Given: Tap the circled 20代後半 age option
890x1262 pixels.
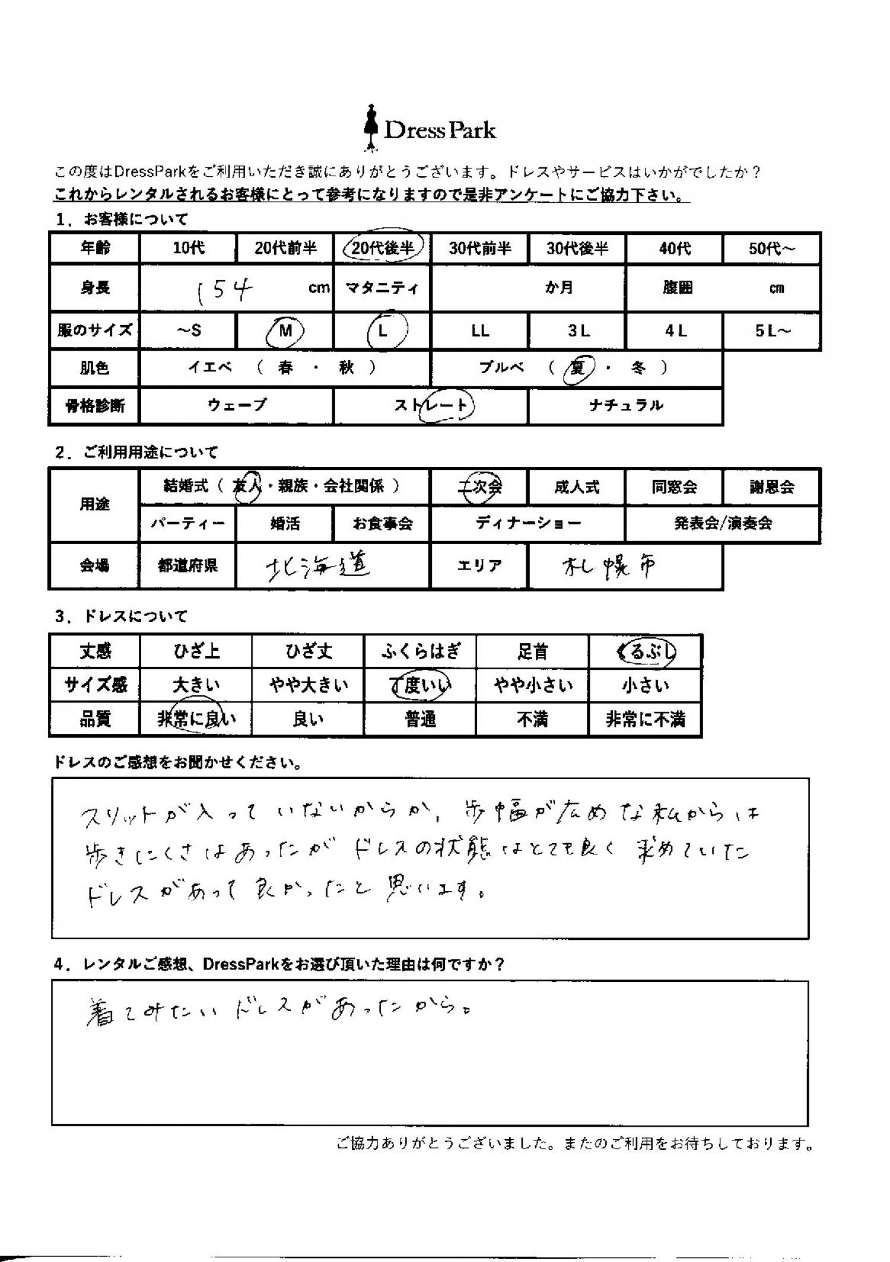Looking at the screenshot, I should tap(383, 247).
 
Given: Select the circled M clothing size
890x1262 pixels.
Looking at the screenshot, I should tap(285, 330).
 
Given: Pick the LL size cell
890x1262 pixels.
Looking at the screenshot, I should tap(480, 331).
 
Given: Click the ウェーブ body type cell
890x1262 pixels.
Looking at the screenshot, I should tap(237, 406).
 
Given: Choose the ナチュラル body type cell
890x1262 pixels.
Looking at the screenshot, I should tap(625, 406).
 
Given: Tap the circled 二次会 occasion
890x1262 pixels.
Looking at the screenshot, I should tap(480, 487).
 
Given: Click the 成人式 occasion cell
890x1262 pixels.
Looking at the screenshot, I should tap(577, 487).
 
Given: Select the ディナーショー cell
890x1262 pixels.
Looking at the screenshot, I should tap(528, 523).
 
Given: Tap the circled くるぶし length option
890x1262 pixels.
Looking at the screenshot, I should tap(646, 652).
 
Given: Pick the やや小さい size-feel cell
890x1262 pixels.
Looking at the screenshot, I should tap(533, 686).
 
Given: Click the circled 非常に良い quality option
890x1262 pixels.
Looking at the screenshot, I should tap(196, 720).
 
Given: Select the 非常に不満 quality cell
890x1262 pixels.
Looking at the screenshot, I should tap(645, 720).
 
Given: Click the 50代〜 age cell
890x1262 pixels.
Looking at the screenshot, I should tap(771, 248).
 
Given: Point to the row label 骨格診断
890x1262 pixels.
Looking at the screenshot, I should tap(95, 406).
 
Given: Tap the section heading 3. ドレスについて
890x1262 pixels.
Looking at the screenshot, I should tap(121, 616).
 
